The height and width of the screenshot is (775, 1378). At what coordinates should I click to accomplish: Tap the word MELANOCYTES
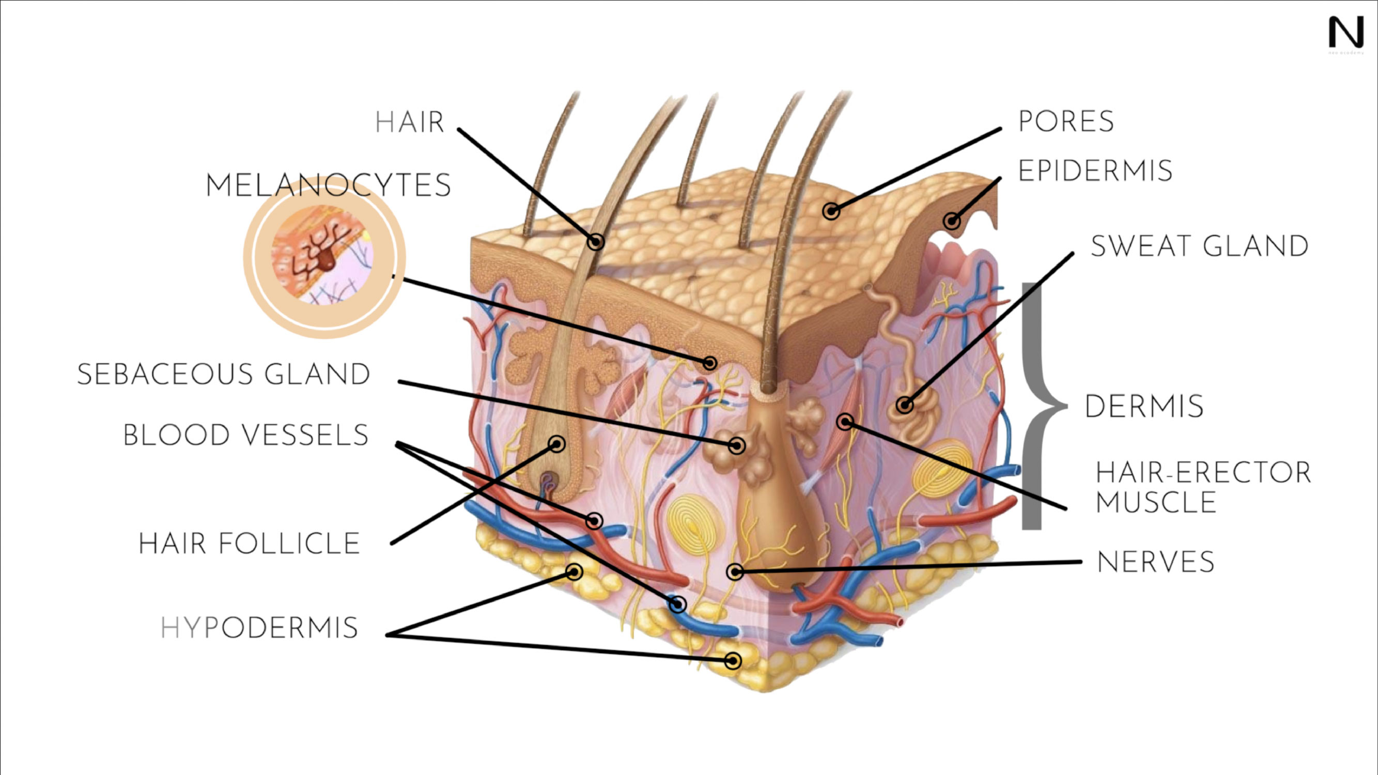tap(328, 185)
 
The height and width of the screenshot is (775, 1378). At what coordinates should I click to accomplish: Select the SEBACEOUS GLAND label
tap(224, 374)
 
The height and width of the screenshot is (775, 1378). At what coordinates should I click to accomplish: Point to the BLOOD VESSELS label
tap(245, 435)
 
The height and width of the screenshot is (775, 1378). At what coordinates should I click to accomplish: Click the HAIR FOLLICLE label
tap(249, 544)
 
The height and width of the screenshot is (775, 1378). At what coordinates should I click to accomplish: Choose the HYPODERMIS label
tap(259, 628)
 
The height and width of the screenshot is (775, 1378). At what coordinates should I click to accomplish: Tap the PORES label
tap(1065, 121)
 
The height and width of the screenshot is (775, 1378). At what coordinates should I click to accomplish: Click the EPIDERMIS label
tap(1095, 171)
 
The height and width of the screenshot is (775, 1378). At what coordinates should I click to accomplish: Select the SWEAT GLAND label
tap(1199, 246)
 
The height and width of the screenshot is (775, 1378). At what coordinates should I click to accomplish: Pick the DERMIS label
tap(1144, 407)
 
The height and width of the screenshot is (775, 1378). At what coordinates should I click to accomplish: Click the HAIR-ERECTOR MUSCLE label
tap(1202, 487)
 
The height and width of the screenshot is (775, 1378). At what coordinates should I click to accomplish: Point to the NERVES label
tap(1155, 562)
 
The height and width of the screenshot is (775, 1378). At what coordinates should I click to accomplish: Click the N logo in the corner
tap(1346, 33)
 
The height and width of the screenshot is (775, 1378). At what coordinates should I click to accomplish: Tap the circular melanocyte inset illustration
tap(324, 257)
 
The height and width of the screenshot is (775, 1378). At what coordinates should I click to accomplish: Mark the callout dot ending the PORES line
tap(831, 211)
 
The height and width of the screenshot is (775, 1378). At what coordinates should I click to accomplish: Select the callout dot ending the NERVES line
tap(735, 572)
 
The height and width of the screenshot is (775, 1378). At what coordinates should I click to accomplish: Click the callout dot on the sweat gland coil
tap(905, 405)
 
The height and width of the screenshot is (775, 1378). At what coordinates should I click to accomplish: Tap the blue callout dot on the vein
tap(678, 605)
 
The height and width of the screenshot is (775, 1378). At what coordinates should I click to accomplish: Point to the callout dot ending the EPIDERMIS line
tap(952, 221)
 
